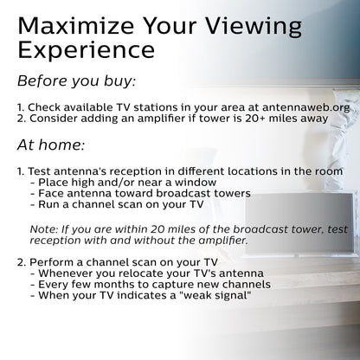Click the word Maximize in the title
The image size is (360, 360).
point(75,26)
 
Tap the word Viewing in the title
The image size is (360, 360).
point(254,28)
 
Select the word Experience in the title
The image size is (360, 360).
point(87,50)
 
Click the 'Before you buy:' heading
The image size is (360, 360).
point(76,81)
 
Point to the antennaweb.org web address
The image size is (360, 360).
point(305,107)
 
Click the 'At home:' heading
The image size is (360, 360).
point(51,145)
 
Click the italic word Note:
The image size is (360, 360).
point(44,229)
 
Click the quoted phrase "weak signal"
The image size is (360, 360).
point(215,295)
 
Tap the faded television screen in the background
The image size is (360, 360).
point(299,223)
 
